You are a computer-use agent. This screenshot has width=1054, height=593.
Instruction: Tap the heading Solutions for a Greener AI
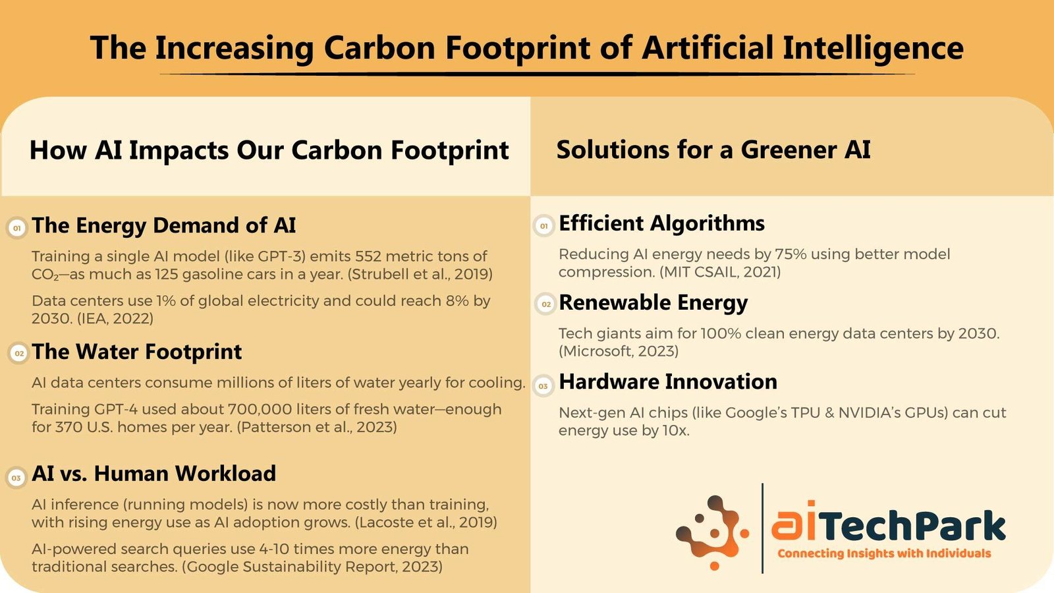[x=713, y=150]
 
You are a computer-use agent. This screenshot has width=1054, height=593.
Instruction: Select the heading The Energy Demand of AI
[x=164, y=225]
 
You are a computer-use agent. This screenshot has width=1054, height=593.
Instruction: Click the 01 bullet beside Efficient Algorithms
[x=544, y=227]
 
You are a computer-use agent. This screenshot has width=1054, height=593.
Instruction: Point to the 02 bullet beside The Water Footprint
[x=19, y=353]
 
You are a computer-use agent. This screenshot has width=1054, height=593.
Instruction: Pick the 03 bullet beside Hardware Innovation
[x=543, y=386]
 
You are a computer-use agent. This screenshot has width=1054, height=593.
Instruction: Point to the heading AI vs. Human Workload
[x=154, y=474]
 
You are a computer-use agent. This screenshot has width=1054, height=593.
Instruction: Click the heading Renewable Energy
[x=653, y=303]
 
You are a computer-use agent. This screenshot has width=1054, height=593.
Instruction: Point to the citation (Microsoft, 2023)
[x=619, y=351]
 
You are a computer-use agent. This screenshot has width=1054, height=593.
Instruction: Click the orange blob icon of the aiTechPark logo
[x=711, y=532]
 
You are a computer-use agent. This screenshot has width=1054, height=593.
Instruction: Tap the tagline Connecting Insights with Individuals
[x=884, y=553]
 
